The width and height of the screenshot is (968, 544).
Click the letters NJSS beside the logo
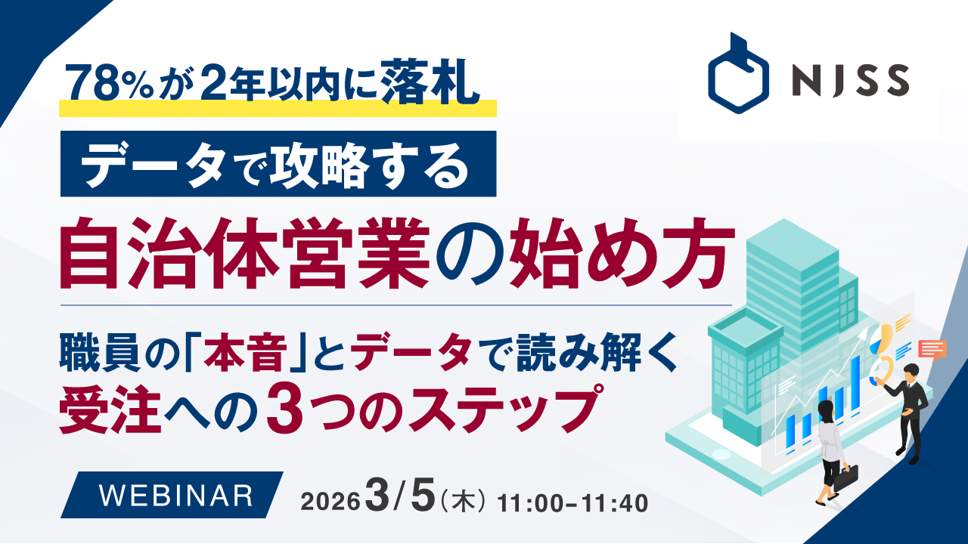point(851,80)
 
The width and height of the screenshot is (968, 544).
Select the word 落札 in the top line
point(430,82)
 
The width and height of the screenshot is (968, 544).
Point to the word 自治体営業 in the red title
point(244,255)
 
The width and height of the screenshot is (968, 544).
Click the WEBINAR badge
point(172,495)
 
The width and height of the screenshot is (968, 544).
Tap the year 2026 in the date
point(330,502)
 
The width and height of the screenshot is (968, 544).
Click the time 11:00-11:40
point(572,503)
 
